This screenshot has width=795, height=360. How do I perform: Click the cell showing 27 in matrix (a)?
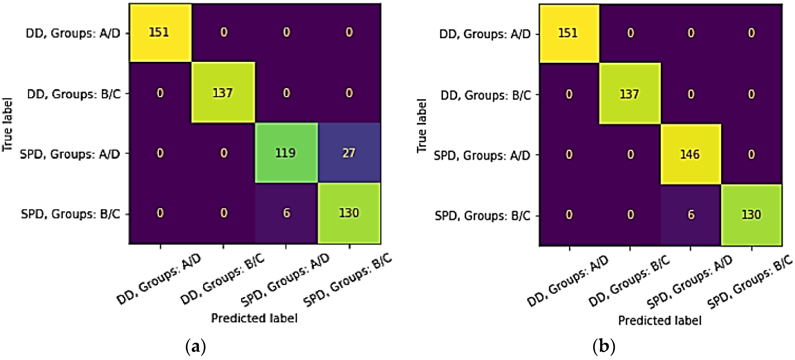pyautogui.click(x=349, y=153)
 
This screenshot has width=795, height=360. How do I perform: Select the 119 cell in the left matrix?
pyautogui.click(x=286, y=153)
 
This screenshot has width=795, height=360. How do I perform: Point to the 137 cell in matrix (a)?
pyautogui.click(x=223, y=93)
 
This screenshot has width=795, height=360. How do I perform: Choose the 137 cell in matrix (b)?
pyautogui.click(x=630, y=94)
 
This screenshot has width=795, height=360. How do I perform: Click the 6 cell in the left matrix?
pyautogui.click(x=286, y=213)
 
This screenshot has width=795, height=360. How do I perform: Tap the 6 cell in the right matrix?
pyautogui.click(x=691, y=214)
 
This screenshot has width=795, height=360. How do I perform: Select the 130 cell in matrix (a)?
pyautogui.click(x=349, y=213)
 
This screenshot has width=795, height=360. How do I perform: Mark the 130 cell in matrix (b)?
pyautogui.click(x=751, y=214)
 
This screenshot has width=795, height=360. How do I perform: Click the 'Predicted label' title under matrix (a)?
pyautogui.click(x=254, y=318)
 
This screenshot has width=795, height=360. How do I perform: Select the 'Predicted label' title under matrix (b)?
pyautogui.click(x=660, y=320)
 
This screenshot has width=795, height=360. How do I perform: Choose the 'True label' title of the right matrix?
pyautogui.click(x=422, y=126)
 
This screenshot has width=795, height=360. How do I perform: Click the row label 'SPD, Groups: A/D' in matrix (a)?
pyautogui.click(x=70, y=154)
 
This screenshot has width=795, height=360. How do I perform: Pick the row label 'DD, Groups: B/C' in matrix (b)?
pyautogui.click(x=486, y=95)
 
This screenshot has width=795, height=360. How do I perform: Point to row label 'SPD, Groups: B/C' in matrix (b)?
pyautogui.click(x=482, y=216)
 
